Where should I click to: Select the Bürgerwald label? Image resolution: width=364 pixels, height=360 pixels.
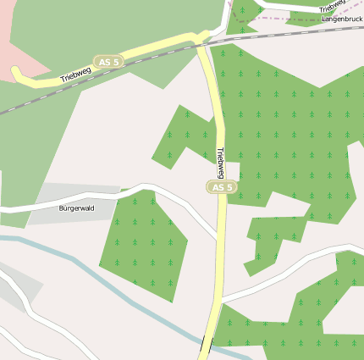pos(76,208)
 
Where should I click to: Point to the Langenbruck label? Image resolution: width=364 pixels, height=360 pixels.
pos(342,18)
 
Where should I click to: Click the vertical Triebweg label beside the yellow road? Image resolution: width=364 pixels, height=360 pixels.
pos(220,162)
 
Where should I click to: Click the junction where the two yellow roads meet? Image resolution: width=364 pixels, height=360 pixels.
pos(201,39)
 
